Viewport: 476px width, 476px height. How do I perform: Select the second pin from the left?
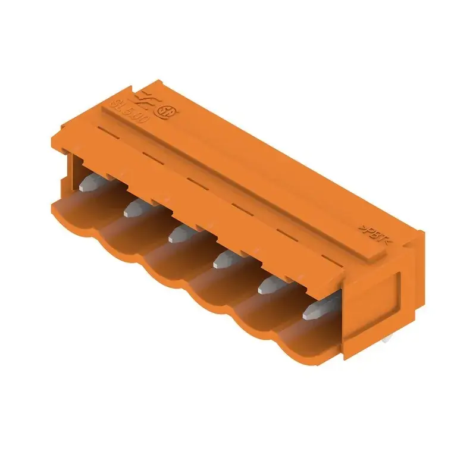pyautogui.click(x=136, y=208)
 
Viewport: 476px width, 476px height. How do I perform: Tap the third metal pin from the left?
pyautogui.click(x=178, y=234)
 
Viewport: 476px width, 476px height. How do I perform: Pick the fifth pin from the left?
pyautogui.click(x=269, y=286)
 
